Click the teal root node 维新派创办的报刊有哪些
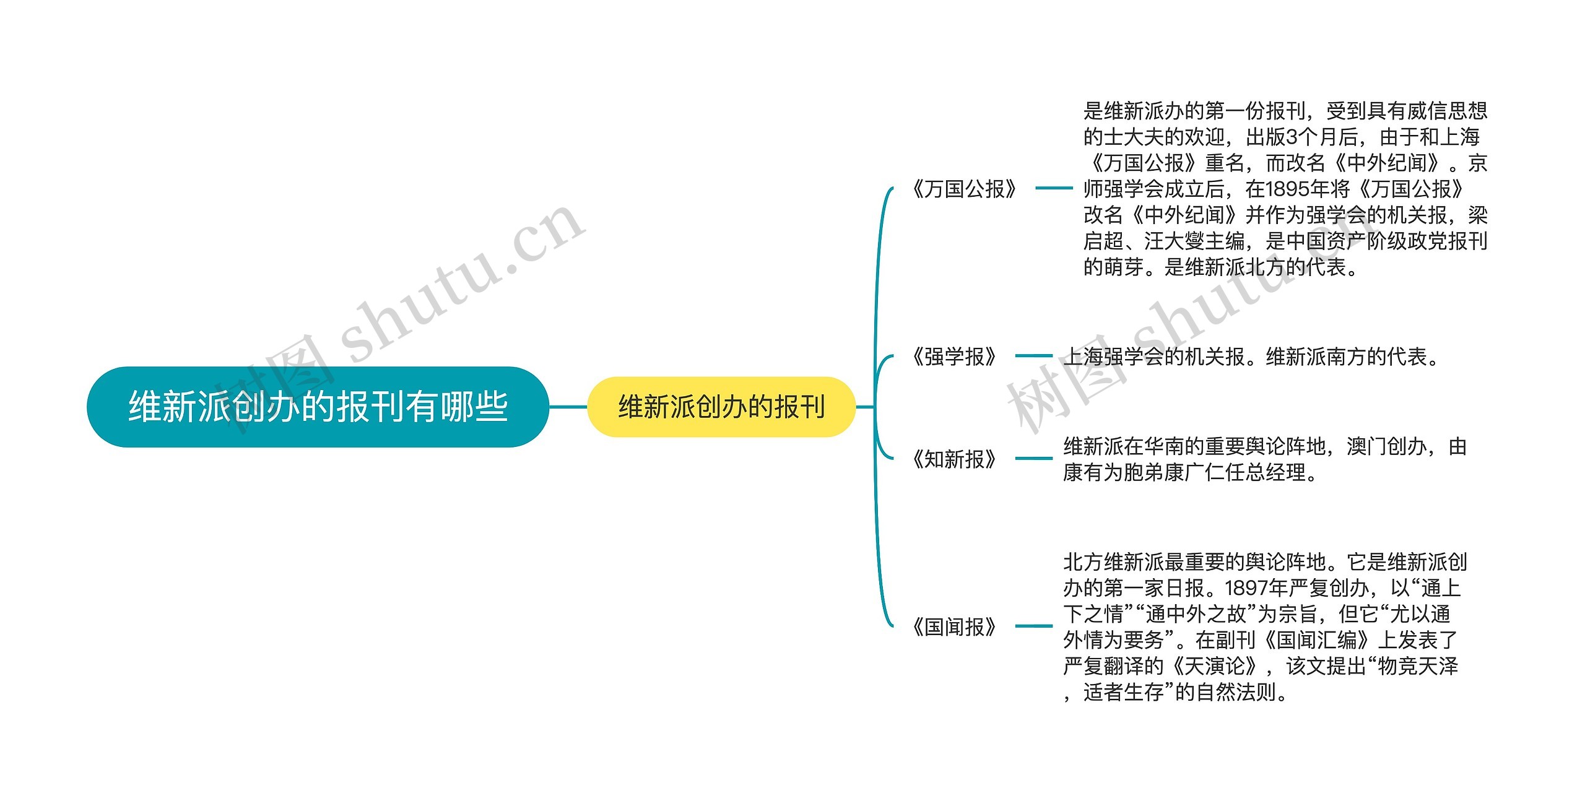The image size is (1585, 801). [318, 407]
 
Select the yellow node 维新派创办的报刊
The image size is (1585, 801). [721, 407]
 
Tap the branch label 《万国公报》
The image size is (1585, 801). [964, 189]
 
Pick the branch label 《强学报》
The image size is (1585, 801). [954, 357]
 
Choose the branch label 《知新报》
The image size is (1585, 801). [954, 459]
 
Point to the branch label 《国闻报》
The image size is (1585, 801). [954, 627]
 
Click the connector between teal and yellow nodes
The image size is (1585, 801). [568, 407]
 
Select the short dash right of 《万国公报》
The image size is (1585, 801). [1054, 188]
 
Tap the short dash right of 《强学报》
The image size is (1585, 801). [1033, 356]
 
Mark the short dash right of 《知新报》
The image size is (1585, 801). [1033, 459]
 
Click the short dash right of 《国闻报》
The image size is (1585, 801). [1033, 626]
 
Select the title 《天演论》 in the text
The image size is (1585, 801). [1216, 666]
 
